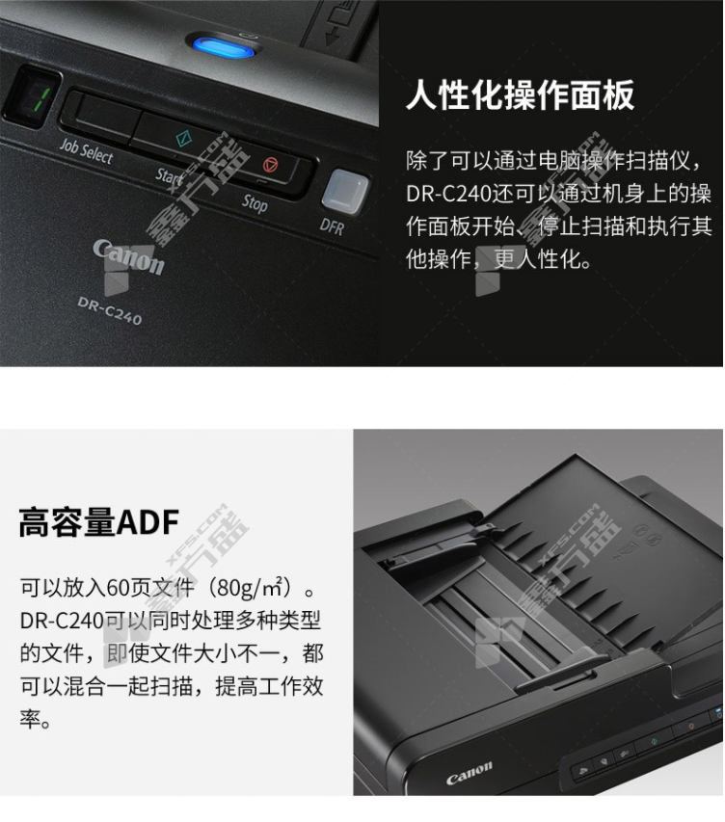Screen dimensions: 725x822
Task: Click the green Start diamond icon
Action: [x=183, y=138]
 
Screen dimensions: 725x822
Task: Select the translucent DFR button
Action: [x=345, y=192]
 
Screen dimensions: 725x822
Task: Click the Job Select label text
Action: [x=86, y=151]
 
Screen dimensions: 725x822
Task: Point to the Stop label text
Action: [x=255, y=203]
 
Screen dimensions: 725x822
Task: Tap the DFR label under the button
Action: [x=332, y=226]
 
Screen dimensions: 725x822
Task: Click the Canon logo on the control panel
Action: [x=129, y=256]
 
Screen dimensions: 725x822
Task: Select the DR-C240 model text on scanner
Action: [x=110, y=310]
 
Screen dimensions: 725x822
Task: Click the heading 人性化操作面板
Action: [x=521, y=95]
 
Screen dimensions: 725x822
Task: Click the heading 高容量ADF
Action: [x=98, y=522]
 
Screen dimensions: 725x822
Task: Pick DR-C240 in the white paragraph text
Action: [x=449, y=194]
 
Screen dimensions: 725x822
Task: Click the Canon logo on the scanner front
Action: [x=469, y=773]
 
